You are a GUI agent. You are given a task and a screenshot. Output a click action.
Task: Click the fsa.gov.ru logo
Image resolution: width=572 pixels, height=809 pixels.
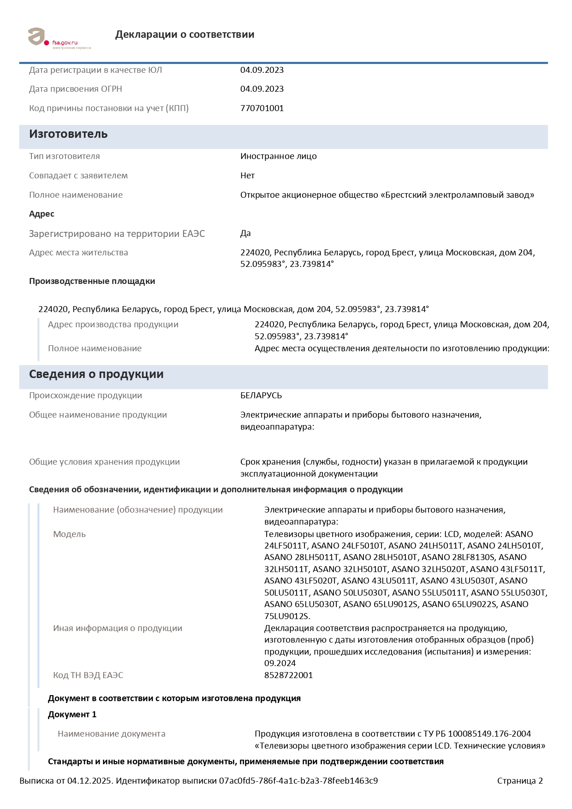[x=59, y=38]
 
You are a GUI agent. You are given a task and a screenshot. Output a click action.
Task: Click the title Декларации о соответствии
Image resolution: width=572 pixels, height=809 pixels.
[x=185, y=35]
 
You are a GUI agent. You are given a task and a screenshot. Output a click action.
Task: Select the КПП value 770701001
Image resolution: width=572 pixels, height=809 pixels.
[x=262, y=108]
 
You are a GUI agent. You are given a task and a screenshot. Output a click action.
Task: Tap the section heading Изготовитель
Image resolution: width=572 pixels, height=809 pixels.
[x=68, y=134]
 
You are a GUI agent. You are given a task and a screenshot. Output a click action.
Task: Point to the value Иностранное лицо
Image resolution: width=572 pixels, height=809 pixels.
[x=278, y=156]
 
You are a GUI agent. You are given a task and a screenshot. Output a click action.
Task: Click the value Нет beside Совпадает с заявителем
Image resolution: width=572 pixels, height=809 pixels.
[x=247, y=176]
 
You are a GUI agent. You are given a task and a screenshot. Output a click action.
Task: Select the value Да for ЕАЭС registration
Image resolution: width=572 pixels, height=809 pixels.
[x=245, y=233]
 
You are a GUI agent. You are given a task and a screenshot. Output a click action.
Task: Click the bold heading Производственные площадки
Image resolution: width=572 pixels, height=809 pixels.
[x=92, y=281]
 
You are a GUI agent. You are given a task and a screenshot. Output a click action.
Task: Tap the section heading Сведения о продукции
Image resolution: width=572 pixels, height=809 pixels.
[x=96, y=374]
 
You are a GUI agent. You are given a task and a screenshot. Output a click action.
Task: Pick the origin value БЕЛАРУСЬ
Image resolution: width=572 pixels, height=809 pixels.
[x=261, y=396]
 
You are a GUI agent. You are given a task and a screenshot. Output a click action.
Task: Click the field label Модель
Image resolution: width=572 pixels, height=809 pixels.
[x=69, y=534]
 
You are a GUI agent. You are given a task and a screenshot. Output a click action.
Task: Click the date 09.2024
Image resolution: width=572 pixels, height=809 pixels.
[x=280, y=663]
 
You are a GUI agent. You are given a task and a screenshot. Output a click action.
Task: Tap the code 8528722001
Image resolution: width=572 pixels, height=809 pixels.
[x=288, y=675]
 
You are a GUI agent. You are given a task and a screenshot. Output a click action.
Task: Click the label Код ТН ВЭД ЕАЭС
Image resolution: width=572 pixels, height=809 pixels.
[x=88, y=675]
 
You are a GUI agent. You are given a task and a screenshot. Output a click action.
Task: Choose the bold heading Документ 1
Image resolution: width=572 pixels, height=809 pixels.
[x=72, y=715]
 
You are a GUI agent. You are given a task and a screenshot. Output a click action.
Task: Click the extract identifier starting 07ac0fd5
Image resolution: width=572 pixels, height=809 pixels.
[x=298, y=781]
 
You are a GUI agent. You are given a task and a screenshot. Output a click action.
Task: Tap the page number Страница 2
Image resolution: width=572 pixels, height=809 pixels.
[x=520, y=781]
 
